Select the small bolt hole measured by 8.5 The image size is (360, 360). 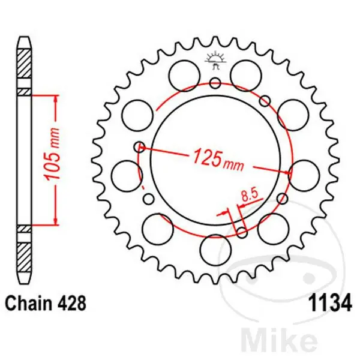click(x=242, y=232)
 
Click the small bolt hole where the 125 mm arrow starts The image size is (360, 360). click(x=140, y=145)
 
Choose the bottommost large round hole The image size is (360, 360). click(x=215, y=247)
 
